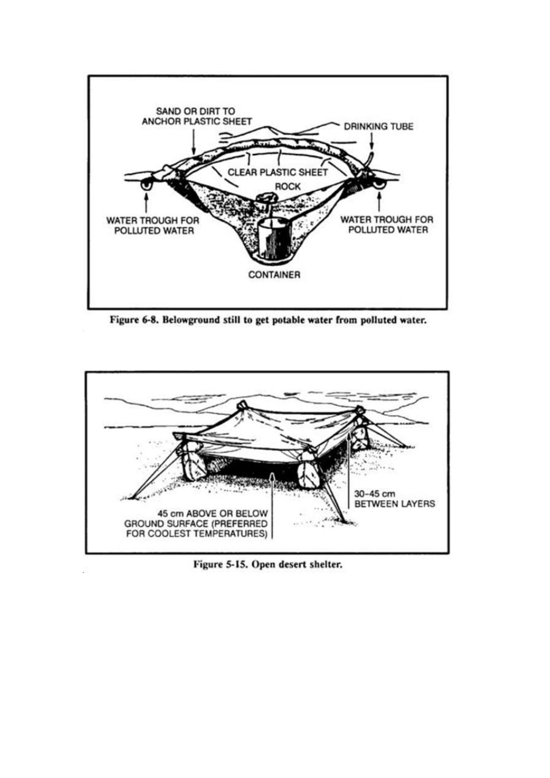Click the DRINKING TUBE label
[x=379, y=126]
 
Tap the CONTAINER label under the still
[x=274, y=275]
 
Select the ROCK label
[x=288, y=186]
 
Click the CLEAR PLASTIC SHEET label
[x=278, y=173]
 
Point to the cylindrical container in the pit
[x=273, y=238]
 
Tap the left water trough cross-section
[x=146, y=185]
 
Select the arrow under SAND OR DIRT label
[x=193, y=141]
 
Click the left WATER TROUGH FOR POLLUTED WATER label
[x=153, y=225]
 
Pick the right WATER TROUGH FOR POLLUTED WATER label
[x=387, y=225]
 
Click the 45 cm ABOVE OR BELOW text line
[x=212, y=513]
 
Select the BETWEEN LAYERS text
[x=394, y=504]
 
